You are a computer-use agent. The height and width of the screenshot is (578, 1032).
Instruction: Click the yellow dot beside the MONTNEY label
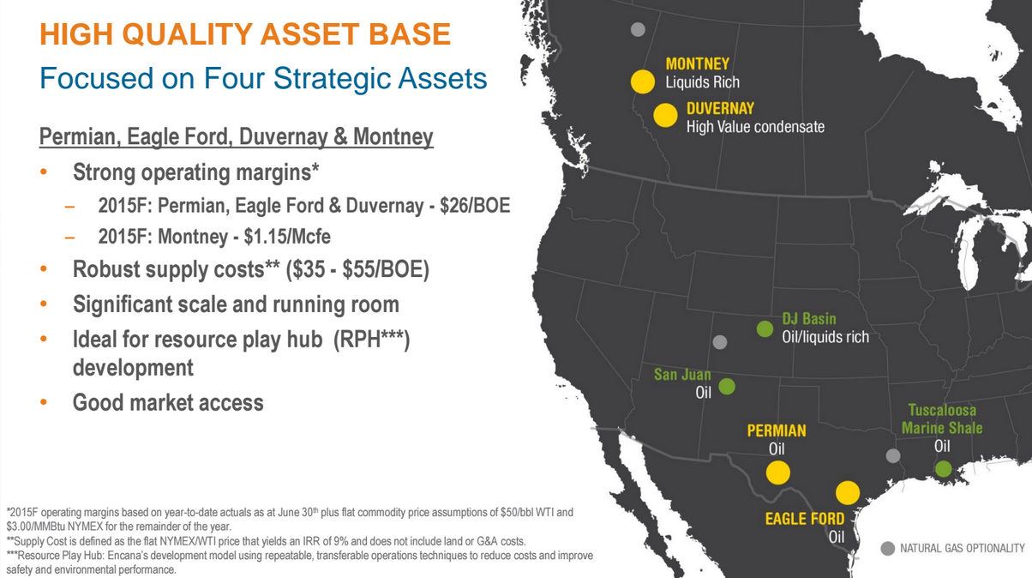pos(642,81)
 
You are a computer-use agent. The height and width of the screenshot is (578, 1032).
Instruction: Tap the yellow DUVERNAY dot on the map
pos(665,115)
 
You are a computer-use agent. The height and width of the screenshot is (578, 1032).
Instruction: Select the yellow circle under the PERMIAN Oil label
pos(777,473)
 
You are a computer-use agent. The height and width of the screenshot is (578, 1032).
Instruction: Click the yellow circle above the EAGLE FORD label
pos(847,492)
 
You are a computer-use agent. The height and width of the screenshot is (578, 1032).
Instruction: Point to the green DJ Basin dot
pos(765,329)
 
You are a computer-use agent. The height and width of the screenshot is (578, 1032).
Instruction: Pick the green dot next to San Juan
pos(727,386)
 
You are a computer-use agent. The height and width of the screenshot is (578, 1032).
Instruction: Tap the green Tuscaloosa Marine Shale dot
pos(943,469)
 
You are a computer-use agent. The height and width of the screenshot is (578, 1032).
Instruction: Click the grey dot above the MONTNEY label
pos(638,29)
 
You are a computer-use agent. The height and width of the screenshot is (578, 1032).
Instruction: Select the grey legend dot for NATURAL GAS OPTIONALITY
pos(887,549)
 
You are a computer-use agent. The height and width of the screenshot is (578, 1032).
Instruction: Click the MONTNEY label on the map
pos(697,63)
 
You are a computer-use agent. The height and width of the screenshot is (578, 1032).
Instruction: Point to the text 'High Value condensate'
pos(755,127)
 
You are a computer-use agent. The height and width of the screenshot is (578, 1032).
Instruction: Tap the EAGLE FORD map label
pos(804,519)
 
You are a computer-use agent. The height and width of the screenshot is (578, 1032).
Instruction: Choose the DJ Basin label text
pos(808,318)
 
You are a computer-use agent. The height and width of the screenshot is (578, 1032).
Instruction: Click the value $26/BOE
pos(475,206)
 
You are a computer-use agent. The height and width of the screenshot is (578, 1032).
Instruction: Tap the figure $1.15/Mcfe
pos(287,237)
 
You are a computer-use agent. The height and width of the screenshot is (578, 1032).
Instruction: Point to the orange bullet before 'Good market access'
pos(44,402)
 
